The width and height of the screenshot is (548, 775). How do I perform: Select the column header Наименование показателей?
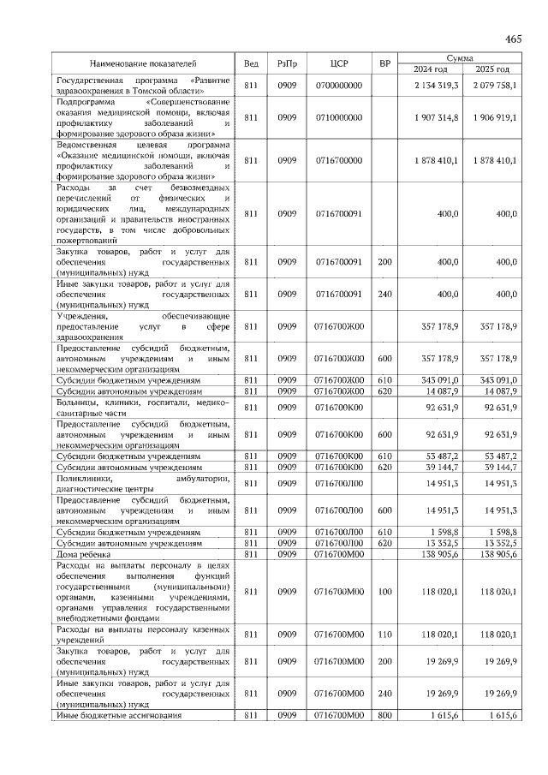[x=143, y=63]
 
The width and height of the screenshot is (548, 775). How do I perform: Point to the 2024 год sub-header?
[x=431, y=69]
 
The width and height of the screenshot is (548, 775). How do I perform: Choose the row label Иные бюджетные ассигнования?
[x=119, y=715]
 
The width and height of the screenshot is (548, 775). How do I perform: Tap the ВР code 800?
[x=384, y=715]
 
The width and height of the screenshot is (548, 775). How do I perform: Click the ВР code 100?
[x=384, y=591]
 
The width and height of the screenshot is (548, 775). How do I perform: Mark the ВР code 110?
[x=384, y=635]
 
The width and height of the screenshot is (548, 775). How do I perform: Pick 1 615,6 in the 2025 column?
[x=501, y=715]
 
